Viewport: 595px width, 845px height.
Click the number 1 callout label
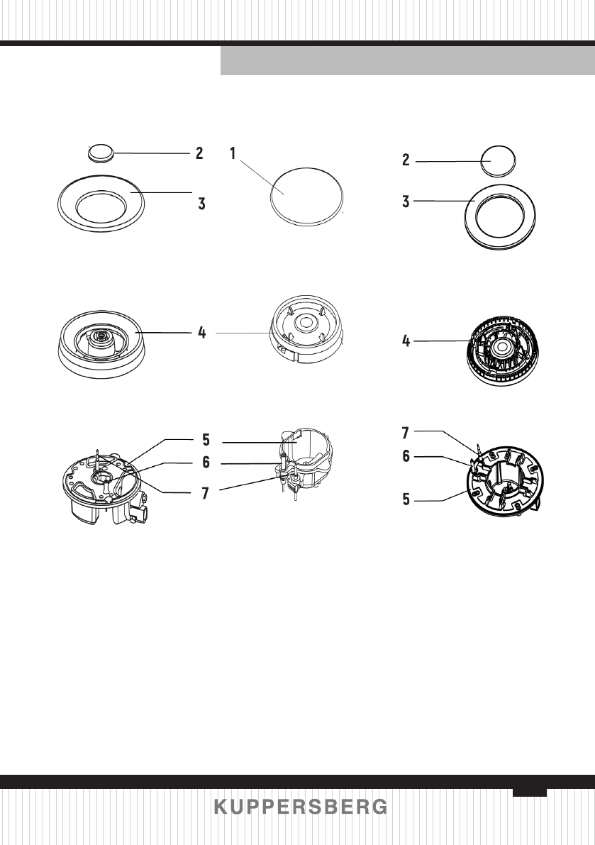click(233, 153)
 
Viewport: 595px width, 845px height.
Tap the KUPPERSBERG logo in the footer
click(301, 807)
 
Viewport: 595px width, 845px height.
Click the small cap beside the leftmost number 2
click(100, 151)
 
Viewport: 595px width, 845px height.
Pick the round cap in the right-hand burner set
click(499, 160)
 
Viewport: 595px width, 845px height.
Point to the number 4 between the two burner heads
click(202, 332)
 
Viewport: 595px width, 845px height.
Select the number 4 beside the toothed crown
click(406, 341)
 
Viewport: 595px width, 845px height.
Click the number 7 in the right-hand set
click(406, 431)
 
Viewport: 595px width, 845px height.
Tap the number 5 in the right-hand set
click(406, 499)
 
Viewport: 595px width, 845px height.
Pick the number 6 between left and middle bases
click(206, 463)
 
